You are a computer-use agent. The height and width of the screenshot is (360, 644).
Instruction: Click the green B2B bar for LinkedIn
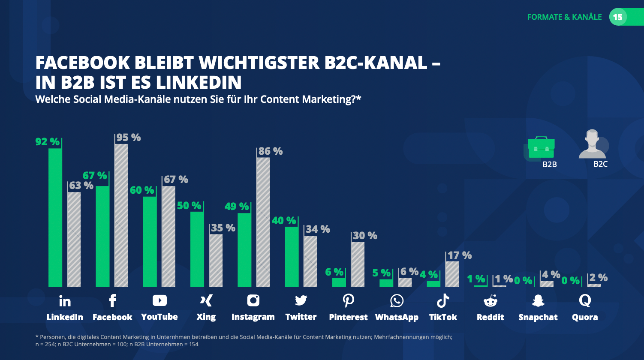(x=55, y=217)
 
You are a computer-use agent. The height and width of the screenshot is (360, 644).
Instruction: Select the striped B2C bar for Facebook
(x=121, y=215)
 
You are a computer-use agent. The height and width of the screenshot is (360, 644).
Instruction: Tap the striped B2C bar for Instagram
(x=263, y=222)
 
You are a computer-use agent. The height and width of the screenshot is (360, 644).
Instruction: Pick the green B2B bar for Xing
(x=197, y=249)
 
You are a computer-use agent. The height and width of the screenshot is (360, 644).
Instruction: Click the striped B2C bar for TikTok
(x=452, y=274)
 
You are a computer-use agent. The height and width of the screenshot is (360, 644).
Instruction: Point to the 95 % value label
(x=129, y=138)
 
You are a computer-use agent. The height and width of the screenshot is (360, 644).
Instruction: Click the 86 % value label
(x=271, y=151)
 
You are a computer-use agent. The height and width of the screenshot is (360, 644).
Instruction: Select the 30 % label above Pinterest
(x=365, y=236)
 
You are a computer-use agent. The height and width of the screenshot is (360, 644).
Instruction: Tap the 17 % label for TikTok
(x=459, y=255)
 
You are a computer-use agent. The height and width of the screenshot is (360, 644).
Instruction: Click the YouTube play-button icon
(x=159, y=301)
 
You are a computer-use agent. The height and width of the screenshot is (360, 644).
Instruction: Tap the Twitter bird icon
(x=301, y=301)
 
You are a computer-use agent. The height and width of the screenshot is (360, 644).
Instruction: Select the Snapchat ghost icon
(x=538, y=301)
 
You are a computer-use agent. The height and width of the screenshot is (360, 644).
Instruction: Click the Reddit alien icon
(x=490, y=301)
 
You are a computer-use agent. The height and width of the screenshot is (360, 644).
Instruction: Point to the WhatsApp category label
(x=397, y=318)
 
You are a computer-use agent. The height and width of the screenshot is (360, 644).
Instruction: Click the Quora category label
(x=585, y=318)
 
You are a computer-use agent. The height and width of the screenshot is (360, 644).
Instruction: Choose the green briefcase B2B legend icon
(x=541, y=147)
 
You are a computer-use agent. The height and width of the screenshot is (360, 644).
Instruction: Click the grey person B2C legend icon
(x=593, y=144)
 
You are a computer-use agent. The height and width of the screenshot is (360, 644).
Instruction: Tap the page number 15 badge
(x=617, y=17)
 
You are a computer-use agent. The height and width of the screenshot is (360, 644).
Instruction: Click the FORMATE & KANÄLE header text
(x=564, y=17)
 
